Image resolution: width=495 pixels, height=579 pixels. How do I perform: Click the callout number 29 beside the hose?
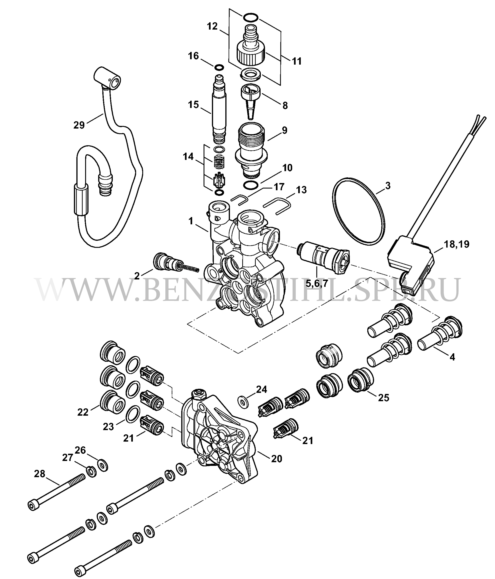[x=79, y=125]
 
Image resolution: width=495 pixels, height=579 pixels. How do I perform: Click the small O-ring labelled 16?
[x=219, y=68]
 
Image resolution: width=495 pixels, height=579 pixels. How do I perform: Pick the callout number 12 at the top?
[x=212, y=26]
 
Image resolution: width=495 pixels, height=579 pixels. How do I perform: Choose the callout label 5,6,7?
[x=317, y=283]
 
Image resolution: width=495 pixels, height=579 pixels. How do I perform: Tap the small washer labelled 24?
[x=243, y=402]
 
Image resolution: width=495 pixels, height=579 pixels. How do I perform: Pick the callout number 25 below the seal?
[x=384, y=397]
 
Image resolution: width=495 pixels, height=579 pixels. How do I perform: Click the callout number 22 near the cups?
[x=83, y=412]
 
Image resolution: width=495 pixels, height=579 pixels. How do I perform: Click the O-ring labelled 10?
[x=251, y=185]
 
